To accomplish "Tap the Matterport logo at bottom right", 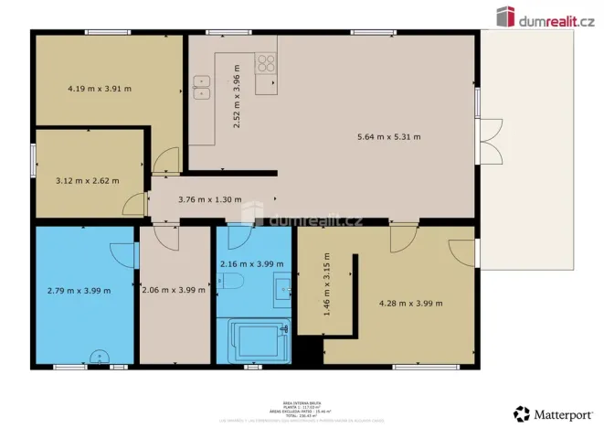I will pos(548,412).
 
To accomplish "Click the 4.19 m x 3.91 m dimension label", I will pos(100,89).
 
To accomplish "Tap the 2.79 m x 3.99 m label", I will pos(79,291).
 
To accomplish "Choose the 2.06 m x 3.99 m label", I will pos(175,291).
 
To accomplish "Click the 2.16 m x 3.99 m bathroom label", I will pos(246,264).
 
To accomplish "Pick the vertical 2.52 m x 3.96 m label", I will pos(237,96).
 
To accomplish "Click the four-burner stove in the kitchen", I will pos(266,63).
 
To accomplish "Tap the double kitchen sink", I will pos(202,86).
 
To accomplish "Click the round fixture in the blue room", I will pos(99,358).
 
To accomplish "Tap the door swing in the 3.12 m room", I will pos(135,204).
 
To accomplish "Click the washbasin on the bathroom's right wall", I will pos(284,291).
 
